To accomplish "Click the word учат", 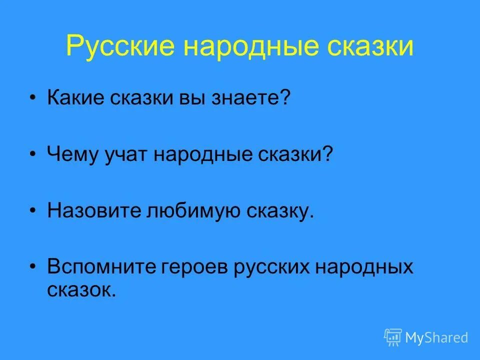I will pos(127,154).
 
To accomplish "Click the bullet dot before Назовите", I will pos(33,211).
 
